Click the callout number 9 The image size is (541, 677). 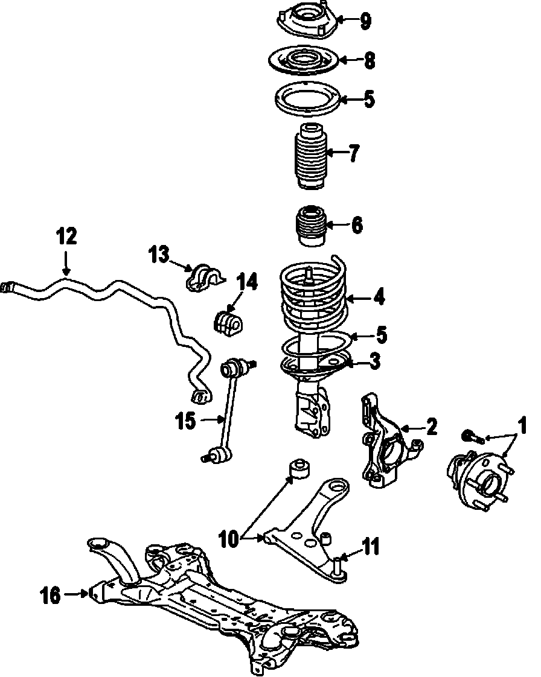click(365, 22)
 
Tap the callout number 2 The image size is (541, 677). click(431, 427)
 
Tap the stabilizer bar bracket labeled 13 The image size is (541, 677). click(203, 278)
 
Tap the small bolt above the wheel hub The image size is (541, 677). click(469, 435)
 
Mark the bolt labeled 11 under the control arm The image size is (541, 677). click(338, 567)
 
